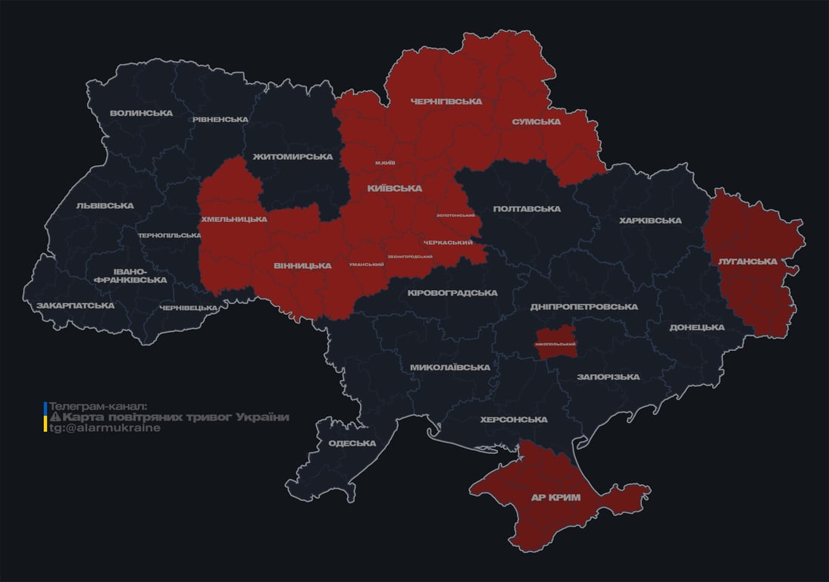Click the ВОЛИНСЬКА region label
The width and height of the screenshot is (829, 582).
click(141, 114)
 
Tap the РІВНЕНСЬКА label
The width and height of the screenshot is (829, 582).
click(220, 120)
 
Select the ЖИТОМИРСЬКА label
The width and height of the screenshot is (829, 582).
click(292, 157)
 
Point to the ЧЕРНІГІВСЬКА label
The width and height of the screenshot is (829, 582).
click(446, 102)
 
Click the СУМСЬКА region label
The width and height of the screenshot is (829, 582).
click(536, 121)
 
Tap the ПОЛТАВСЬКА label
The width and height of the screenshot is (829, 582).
click(527, 208)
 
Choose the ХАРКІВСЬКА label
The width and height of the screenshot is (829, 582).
click(650, 221)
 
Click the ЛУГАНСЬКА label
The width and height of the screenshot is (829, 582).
click(747, 261)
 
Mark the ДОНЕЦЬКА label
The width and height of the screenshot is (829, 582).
click(696, 327)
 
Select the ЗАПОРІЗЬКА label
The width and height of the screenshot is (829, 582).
click(608, 377)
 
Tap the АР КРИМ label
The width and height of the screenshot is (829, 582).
click(555, 498)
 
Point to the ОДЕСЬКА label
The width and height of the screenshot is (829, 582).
click(352, 443)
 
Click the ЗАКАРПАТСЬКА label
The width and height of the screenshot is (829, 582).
click(75, 305)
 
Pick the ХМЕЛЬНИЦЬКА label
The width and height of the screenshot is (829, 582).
click(233, 219)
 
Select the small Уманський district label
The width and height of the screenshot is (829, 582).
click(366, 264)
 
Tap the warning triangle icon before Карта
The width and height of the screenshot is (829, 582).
click(55, 418)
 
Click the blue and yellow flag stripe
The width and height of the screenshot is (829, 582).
click(45, 417)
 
